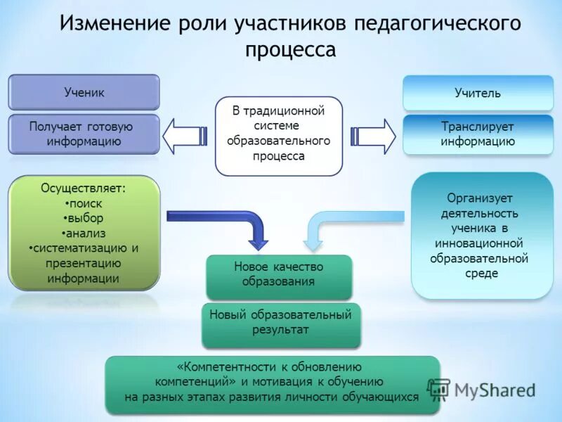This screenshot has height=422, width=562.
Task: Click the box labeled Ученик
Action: tap(84, 92)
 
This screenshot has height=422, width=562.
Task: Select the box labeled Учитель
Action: tap(478, 93)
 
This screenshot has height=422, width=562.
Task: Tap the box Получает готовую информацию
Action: tap(84, 134)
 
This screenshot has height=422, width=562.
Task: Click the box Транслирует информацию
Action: tap(478, 134)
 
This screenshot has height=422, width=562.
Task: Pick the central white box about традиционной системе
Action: tap(279, 135)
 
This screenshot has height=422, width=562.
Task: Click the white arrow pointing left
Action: tap(184, 134)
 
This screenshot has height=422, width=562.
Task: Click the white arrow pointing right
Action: tap(373, 134)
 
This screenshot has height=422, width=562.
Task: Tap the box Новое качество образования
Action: tap(278, 275)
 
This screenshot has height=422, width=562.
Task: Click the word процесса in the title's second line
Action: tap(290, 51)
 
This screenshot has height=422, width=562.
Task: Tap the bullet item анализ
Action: tap(84, 233)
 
